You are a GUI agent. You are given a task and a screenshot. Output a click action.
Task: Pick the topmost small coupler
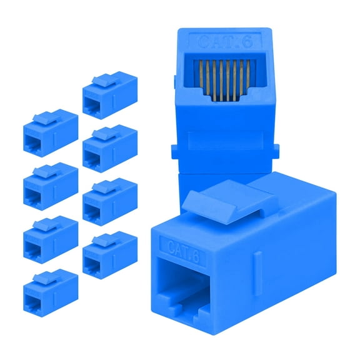tap(109, 96)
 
